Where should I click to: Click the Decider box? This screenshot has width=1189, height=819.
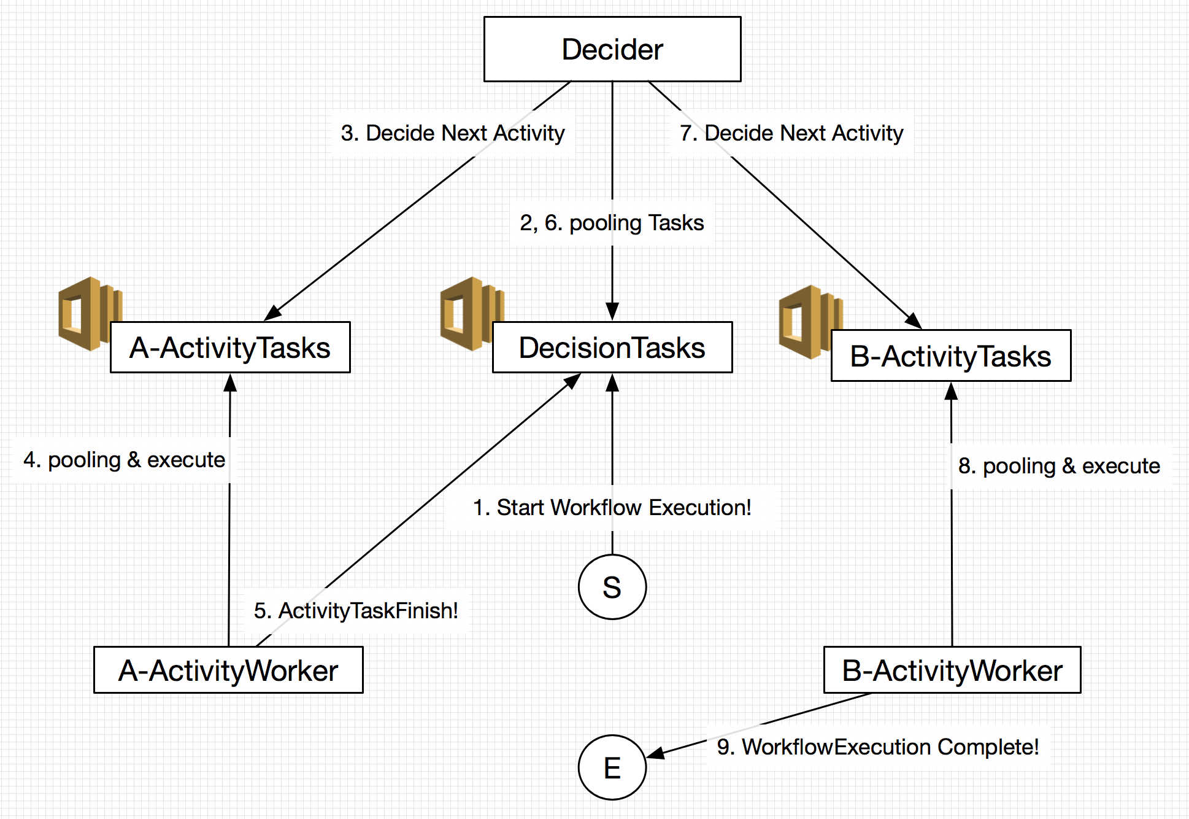pos(612,49)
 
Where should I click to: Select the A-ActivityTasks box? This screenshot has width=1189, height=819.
pos(230,347)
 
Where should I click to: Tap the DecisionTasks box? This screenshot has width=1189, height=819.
pos(612,347)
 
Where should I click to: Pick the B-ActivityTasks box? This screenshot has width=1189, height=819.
pos(950,356)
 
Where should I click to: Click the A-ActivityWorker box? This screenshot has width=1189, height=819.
pos(228,670)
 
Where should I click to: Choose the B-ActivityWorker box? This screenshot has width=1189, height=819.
pos(952,670)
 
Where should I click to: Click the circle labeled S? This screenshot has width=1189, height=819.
pos(612,587)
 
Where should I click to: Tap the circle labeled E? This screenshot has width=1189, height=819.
pos(612,767)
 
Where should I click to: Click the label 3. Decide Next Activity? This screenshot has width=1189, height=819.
pos(453,133)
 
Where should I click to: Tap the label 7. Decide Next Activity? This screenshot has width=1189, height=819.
pos(791,133)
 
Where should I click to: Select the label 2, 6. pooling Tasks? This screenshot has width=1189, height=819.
pos(612,223)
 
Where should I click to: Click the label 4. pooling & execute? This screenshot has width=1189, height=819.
pos(124,460)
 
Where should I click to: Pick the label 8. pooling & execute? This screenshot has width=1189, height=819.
pos(1059,466)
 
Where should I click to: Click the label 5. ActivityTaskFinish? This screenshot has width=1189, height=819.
pos(356,611)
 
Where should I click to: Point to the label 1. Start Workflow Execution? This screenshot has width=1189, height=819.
pos(612,508)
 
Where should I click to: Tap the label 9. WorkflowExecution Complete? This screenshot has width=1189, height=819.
pos(877,747)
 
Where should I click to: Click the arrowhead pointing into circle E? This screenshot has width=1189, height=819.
pos(655,753)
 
